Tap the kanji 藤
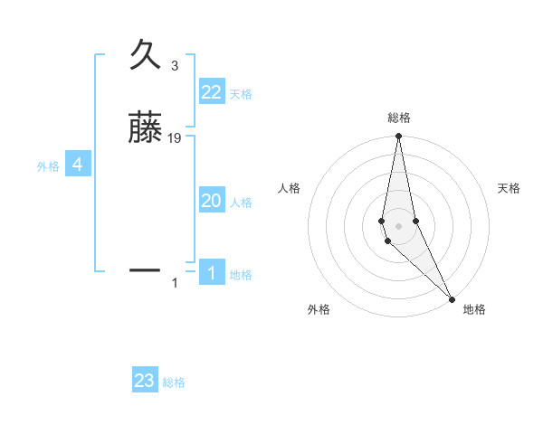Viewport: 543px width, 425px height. [145, 129]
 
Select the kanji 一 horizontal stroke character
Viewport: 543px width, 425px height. [145, 269]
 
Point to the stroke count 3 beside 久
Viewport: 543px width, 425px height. [175, 66]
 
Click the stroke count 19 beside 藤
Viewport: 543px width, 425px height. [175, 138]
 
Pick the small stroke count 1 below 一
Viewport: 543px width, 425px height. [175, 284]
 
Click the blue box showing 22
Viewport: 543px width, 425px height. [212, 92]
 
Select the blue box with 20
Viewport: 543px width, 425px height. [212, 201]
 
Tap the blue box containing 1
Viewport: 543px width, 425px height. [212, 273]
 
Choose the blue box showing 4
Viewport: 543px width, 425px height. [78, 165]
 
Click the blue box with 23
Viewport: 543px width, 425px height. [145, 381]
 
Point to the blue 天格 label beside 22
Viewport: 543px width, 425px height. [241, 94]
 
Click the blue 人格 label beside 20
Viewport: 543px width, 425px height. [241, 203]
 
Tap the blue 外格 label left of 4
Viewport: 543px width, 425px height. [48, 166]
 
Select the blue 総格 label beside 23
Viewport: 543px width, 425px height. [174, 382]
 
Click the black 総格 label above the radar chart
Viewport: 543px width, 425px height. [399, 118]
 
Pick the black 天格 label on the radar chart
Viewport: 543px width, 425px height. [510, 188]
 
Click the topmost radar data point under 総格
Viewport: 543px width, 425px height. [398, 137]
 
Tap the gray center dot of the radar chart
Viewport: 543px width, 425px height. [398, 225]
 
